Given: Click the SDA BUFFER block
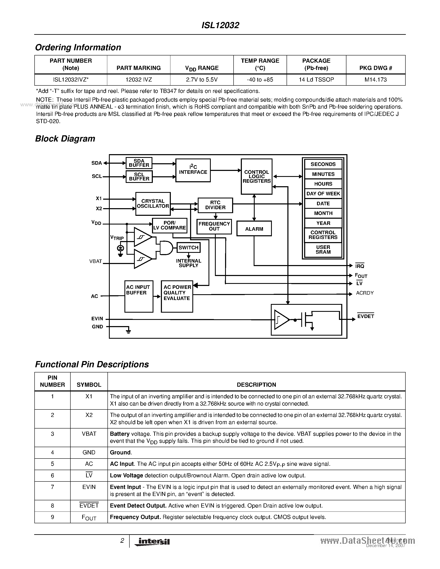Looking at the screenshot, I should tap(139, 163).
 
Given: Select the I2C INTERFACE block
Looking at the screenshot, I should tap(193, 170).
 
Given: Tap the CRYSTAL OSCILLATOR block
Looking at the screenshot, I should tap(153, 204).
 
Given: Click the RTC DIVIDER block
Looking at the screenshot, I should tap(215, 205).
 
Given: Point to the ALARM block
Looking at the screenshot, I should tap(254, 229).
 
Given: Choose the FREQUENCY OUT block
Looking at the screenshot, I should tap(214, 226).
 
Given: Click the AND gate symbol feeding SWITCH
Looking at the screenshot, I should tap(166, 247).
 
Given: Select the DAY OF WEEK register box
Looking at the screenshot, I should tap(323, 194).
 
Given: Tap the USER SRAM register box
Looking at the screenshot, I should tap(323, 250).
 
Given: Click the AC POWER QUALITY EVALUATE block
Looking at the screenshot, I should tap(177, 296).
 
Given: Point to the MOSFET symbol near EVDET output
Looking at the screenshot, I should tap(307, 320).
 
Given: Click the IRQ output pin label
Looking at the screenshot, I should tap(360, 266).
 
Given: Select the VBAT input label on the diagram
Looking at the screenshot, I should tap(95, 261).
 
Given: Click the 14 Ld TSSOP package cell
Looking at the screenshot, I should tap(316, 80).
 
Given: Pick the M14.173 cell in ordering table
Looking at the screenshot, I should tap(376, 80).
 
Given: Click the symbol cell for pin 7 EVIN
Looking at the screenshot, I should tap(89, 487).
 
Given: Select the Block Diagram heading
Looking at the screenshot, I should tap(65, 139).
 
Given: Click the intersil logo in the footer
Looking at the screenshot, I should tap(152, 542).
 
